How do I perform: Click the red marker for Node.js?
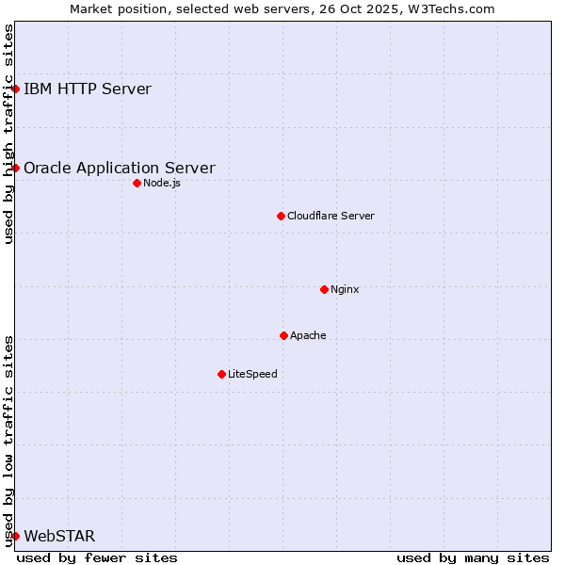(x=137, y=183)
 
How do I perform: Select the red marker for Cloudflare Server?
(x=281, y=216)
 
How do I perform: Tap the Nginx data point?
(x=324, y=289)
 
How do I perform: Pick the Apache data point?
(x=283, y=335)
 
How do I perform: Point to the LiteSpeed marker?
(x=221, y=374)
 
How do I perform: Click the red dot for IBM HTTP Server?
(x=16, y=89)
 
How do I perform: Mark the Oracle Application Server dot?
(x=16, y=168)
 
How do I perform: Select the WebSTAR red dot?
(x=16, y=536)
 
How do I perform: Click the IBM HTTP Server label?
(x=87, y=89)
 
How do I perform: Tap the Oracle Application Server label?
(x=119, y=169)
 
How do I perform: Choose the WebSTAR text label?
(x=59, y=537)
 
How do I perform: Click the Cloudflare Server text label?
(x=331, y=216)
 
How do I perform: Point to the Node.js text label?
(x=161, y=183)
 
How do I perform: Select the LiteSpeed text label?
(x=252, y=374)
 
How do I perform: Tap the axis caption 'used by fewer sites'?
(x=97, y=557)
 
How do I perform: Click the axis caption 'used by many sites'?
(x=473, y=557)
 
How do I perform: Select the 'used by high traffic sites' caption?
(x=8, y=134)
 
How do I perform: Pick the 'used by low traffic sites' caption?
(x=8, y=440)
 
